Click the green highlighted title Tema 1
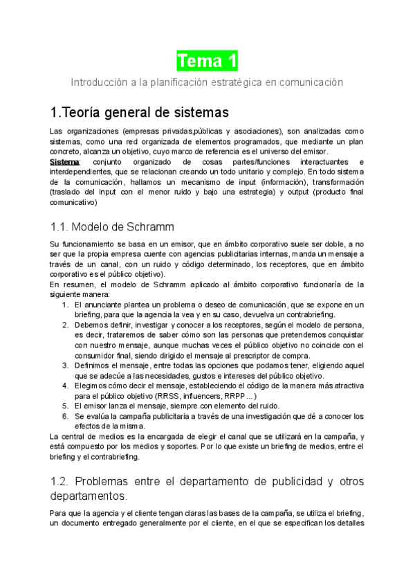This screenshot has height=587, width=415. pyautogui.click(x=207, y=61)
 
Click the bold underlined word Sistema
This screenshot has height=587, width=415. pyautogui.click(x=65, y=162)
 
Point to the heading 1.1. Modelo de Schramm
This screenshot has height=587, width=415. pyautogui.click(x=113, y=226)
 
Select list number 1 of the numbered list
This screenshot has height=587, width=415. pyautogui.click(x=64, y=305)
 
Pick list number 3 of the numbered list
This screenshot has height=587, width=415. pyautogui.click(x=64, y=365)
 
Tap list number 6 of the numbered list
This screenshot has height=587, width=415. pyautogui.click(x=64, y=415)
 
